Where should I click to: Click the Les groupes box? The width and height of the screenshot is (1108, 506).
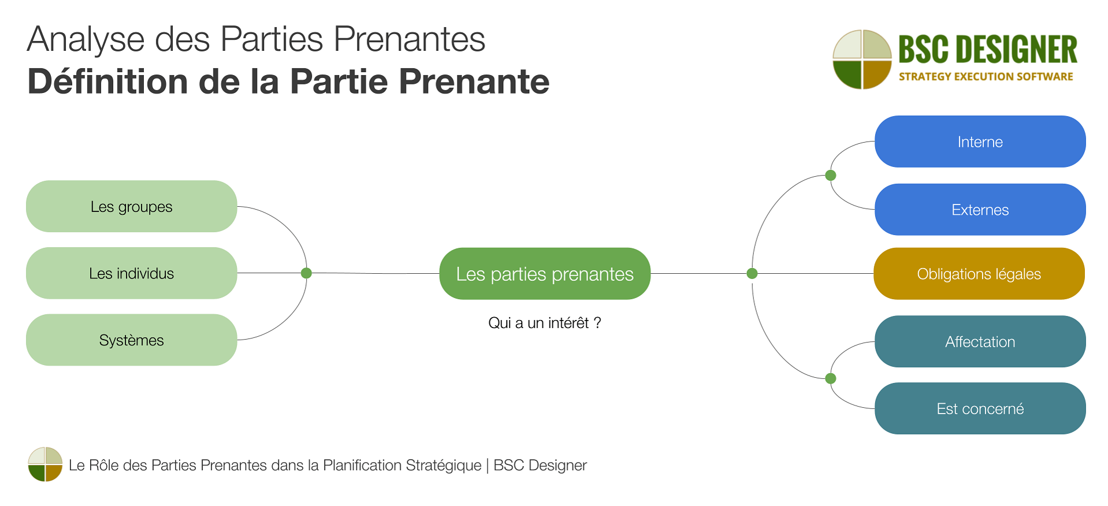tap(131, 206)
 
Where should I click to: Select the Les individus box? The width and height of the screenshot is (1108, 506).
tap(131, 273)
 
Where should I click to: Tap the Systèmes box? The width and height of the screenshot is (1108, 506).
tap(131, 340)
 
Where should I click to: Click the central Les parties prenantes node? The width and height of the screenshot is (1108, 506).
tap(544, 274)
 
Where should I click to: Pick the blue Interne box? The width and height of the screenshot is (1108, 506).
tap(980, 142)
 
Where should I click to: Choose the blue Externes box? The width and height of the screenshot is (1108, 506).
tap(980, 210)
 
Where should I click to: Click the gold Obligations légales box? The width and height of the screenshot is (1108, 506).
tap(979, 274)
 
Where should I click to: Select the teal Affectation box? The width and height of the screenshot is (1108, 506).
tap(980, 341)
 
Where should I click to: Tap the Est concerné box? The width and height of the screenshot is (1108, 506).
tap(980, 408)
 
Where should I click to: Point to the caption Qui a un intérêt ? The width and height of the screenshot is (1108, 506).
tap(544, 323)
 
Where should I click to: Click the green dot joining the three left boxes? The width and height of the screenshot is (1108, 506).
tap(306, 273)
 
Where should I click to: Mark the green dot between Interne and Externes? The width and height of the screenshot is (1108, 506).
tap(831, 176)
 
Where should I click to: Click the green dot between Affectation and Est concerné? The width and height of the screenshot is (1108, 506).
tap(831, 378)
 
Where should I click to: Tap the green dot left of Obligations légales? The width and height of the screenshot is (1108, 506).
tap(752, 274)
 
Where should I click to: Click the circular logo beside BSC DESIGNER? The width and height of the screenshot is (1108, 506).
tap(862, 59)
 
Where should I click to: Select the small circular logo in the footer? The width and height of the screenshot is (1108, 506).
tap(45, 464)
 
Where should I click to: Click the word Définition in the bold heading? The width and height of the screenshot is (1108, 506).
tap(107, 81)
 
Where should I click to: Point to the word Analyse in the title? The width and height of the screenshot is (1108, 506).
tap(85, 40)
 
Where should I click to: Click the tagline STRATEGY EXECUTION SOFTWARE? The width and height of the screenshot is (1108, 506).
tap(986, 77)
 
